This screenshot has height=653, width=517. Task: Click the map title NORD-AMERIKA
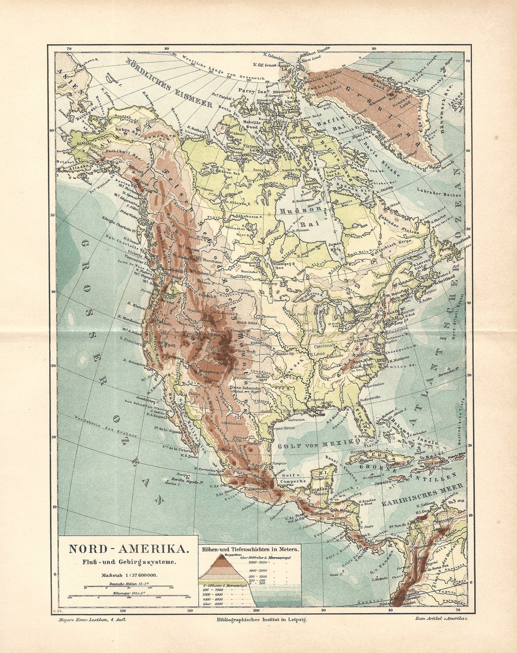click(x=128, y=549)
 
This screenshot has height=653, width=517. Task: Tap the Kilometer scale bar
click(x=128, y=596)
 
